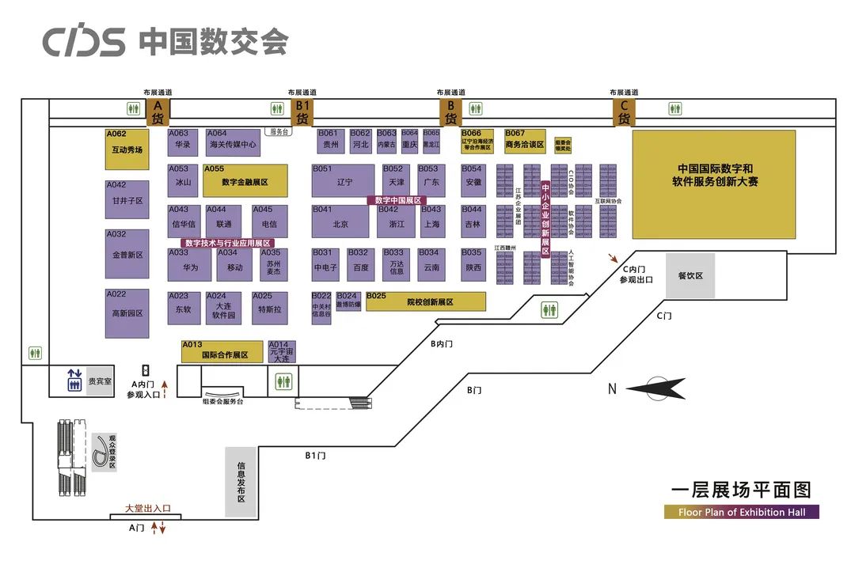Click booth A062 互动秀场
127,150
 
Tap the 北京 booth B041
340,222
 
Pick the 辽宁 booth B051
343,180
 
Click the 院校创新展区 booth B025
426,301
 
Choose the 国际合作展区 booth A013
222,351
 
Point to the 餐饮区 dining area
690,275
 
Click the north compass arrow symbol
657,388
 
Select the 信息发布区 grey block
241,483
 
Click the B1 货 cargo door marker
302,112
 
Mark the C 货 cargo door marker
623,112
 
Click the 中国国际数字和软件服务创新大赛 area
713,184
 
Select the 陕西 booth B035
473,264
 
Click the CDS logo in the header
84,41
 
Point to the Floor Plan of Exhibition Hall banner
741,512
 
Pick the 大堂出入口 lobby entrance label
148,509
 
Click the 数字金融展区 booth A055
245,180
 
